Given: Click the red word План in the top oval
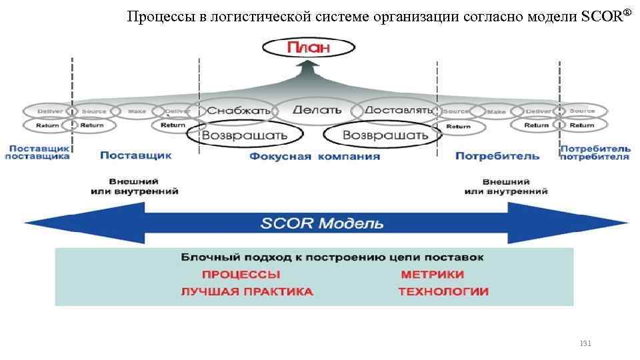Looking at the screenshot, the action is tap(307, 48).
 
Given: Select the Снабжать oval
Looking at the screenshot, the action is tap(229, 111).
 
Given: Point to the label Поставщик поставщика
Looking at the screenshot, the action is tap(37, 152).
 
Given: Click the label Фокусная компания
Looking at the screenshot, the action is tap(315, 157).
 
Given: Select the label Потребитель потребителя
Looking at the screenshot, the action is tap(595, 152).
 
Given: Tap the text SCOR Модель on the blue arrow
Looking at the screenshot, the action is tap(322, 223).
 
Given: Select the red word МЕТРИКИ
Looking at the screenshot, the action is tap(433, 274).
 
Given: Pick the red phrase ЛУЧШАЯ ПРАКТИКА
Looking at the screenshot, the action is tap(247, 291).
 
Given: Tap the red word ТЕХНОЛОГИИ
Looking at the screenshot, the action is tap(443, 291).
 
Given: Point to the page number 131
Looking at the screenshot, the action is tap(585, 344).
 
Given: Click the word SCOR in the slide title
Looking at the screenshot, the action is tap(601, 17).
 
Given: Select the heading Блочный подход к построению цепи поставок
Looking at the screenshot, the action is tap(333, 257).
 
